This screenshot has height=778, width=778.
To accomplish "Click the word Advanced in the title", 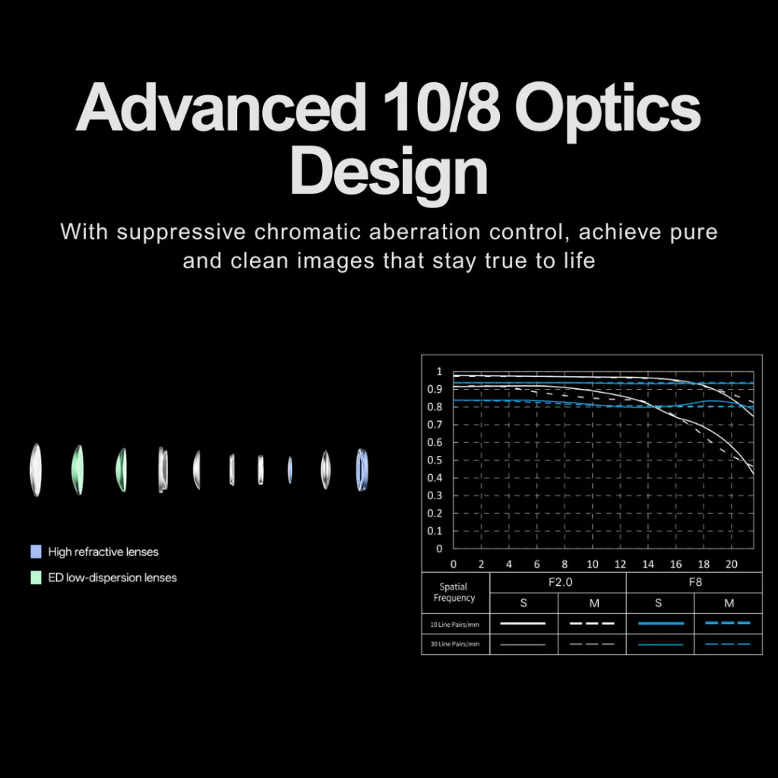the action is point(221,106).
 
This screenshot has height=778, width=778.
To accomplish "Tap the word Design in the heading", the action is point(389,174).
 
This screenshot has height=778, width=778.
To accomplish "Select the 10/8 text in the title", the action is point(441,106).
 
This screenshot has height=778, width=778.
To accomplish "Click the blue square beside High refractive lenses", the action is point(36,552).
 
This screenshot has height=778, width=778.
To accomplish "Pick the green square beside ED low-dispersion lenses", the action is point(36,577).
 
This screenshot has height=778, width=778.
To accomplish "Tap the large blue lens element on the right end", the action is point(362,470).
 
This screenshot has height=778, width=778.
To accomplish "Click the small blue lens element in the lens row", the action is point(289,470).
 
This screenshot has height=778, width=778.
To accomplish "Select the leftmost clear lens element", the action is point(35,470).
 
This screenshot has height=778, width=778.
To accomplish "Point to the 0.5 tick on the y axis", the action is point(435,460).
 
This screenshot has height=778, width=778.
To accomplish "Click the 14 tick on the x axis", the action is point(648,565).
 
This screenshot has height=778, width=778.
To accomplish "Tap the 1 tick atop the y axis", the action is point(439,371).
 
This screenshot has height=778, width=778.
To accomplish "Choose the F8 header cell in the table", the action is point(694,582).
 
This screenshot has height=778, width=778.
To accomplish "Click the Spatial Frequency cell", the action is point(454,593).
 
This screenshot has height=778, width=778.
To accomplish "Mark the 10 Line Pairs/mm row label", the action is point(454,625).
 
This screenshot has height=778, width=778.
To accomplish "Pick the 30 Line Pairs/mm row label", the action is point(454,644).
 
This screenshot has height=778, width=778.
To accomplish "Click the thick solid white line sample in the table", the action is point(523,623).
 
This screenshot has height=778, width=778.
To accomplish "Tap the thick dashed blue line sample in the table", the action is point(727,623).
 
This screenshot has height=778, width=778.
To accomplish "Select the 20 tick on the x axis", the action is point(732,565).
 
